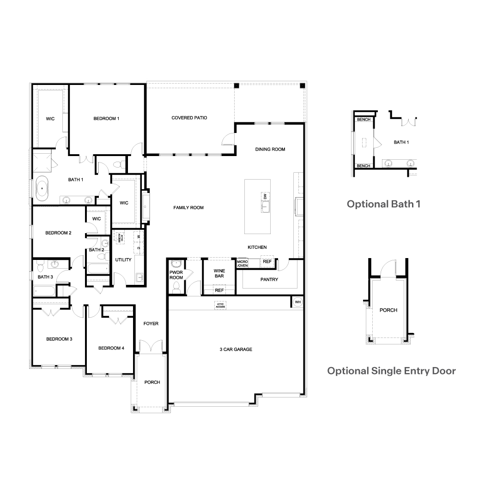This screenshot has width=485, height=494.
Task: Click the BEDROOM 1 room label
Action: point(106,119)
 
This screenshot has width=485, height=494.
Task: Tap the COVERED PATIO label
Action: point(189,118)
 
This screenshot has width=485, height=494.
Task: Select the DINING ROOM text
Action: point(270,149)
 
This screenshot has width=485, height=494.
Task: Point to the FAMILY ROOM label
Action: point(188,208)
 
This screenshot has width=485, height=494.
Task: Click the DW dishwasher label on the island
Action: point(265,197)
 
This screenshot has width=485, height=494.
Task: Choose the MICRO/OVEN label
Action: point(242,263)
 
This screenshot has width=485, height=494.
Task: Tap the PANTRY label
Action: point(269,279)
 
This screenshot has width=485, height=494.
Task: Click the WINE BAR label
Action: point(219,273)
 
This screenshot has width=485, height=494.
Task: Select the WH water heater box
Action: point(297,302)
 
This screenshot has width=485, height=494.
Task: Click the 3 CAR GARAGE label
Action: point(236,349)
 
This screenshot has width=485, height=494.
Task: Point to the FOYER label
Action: point(151,324)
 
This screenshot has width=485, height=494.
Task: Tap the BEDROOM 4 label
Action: point(111,348)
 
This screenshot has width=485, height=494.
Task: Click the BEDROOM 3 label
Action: point(59,339)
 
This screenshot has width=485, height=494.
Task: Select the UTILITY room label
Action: point(123,259)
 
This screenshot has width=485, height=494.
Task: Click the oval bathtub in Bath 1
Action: point(42,188)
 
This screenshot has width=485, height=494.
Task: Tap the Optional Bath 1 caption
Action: point(383,204)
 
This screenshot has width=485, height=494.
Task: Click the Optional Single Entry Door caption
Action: point(391,371)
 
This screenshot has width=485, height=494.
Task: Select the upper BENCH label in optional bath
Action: point(363,120)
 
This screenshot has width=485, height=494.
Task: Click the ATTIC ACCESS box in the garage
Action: point(220,305)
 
